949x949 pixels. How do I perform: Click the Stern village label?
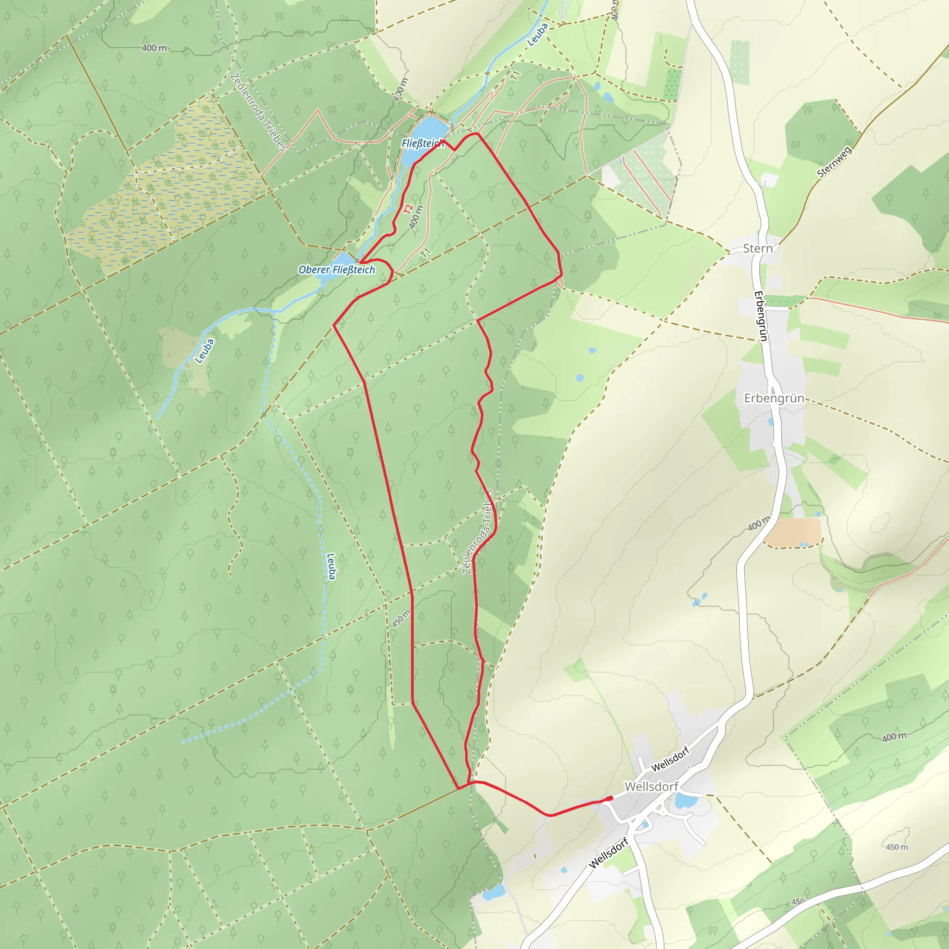pyautogui.click(x=758, y=248)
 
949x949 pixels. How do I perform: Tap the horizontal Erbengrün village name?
pyautogui.click(x=774, y=399)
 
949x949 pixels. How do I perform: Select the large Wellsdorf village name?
pyautogui.click(x=652, y=786)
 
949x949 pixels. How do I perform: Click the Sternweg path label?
pyautogui.click(x=835, y=161)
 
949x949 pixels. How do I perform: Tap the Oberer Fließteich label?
pyautogui.click(x=336, y=270)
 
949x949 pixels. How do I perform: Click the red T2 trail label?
pyautogui.click(x=408, y=209)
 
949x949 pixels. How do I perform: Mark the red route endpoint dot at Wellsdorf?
pyautogui.click(x=609, y=798)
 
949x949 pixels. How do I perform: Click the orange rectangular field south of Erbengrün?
pyautogui.click(x=792, y=532)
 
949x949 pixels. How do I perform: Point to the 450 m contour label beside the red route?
pyautogui.click(x=401, y=618)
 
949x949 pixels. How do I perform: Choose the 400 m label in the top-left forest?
pyautogui.click(x=154, y=48)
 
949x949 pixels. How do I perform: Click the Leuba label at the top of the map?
pyautogui.click(x=538, y=35)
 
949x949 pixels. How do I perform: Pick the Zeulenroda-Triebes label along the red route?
pyautogui.click(x=477, y=532)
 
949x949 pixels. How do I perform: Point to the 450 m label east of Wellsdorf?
pyautogui.click(x=897, y=847)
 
